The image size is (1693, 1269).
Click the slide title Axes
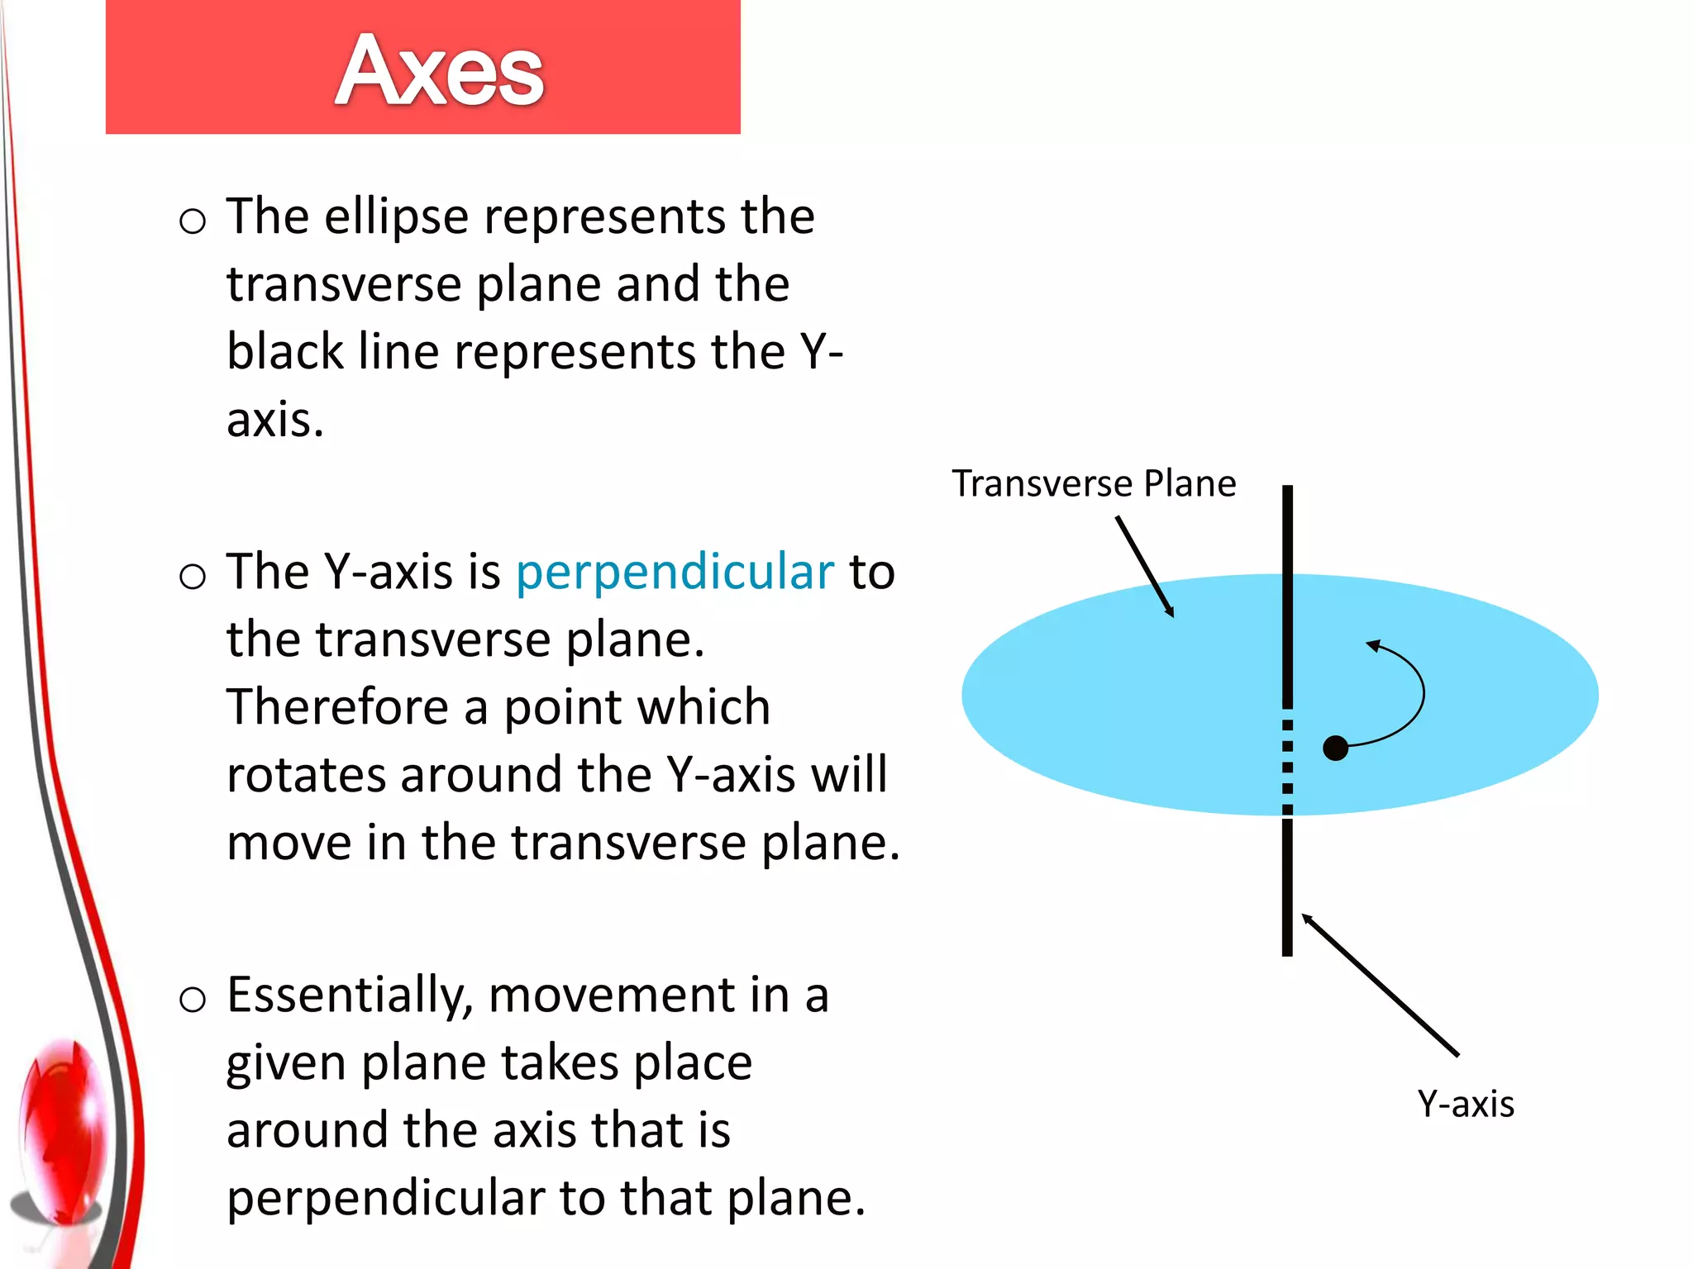pos(439,71)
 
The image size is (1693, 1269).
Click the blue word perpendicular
pos(675,572)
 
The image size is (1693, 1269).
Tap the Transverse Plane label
pos(1093,483)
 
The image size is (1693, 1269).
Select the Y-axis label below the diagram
pos(1465,1104)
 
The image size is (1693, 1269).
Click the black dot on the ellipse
pos(1335,748)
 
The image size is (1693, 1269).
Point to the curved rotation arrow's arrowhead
pos(1374,645)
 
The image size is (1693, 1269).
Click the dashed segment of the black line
pos(1287,764)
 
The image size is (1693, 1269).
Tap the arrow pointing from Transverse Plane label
pos(1145,567)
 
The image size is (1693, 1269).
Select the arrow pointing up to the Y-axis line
pos(1381,985)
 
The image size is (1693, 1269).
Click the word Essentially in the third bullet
pos(349,995)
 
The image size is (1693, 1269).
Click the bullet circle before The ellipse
pos(192,221)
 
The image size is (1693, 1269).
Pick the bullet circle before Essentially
pos(192,1000)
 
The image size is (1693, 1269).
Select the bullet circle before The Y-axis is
pos(192,576)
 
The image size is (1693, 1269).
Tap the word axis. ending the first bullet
pos(274,421)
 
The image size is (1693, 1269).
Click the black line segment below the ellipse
pos(1287,888)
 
